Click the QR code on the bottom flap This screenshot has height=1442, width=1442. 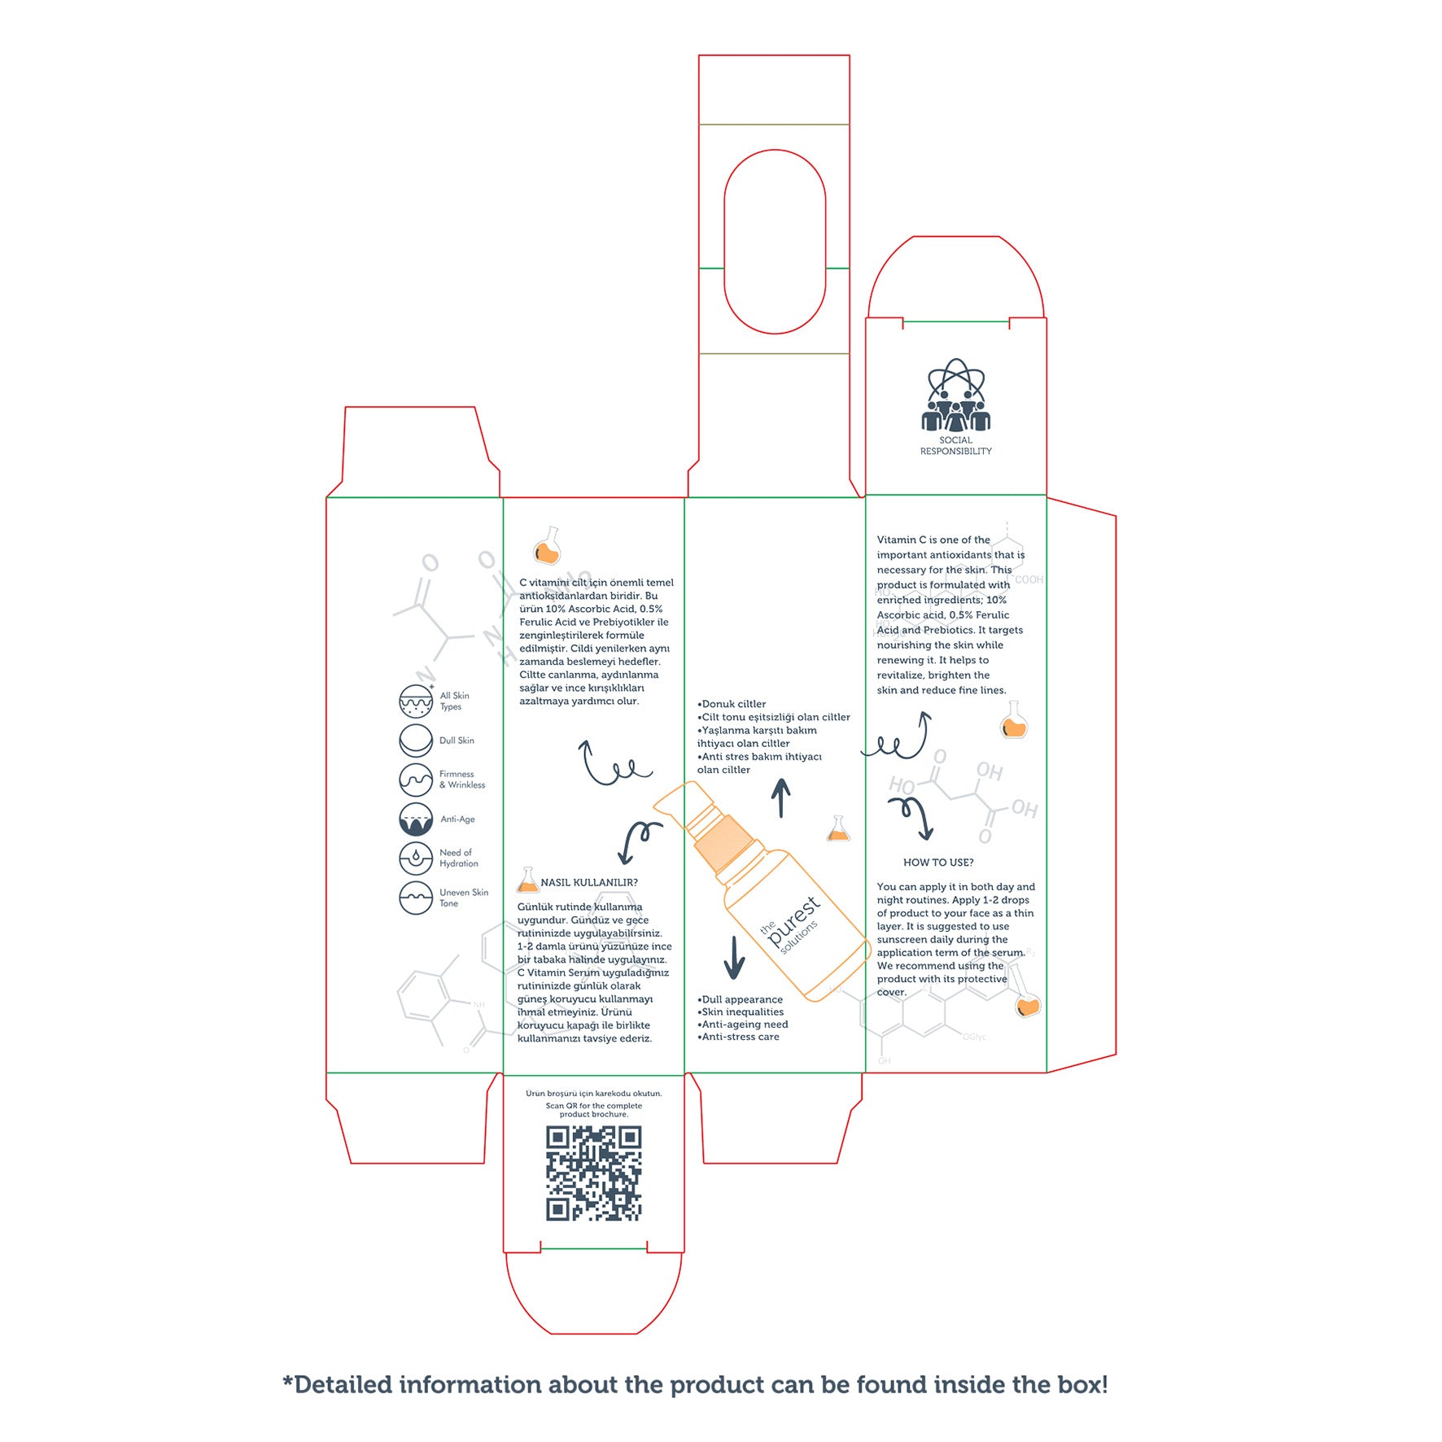tap(593, 1173)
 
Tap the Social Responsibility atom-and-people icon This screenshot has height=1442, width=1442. tap(955, 395)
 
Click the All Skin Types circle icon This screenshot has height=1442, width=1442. tap(416, 701)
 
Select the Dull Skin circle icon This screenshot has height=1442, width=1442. tap(416, 741)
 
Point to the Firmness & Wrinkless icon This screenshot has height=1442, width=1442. tap(416, 780)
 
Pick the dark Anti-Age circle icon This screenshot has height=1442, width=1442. tap(416, 819)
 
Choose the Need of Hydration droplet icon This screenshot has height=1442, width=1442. tap(416, 858)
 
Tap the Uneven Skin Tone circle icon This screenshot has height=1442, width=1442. tap(416, 898)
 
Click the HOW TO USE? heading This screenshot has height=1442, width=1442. tap(938, 863)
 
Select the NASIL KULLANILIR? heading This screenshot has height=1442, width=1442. tap(589, 883)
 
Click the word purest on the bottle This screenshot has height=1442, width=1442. tap(793, 921)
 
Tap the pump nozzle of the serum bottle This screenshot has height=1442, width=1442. tap(672, 801)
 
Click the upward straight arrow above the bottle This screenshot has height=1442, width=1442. tap(781, 797)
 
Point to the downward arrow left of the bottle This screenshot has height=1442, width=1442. tap(734, 957)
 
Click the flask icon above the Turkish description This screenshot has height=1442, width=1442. tap(548, 546)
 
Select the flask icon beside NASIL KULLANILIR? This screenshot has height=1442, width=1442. tap(528, 880)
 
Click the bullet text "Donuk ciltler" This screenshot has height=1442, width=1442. tap(733, 704)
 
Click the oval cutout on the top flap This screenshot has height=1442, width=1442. tap(775, 242)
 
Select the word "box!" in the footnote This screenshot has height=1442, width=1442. tap(1082, 1384)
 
